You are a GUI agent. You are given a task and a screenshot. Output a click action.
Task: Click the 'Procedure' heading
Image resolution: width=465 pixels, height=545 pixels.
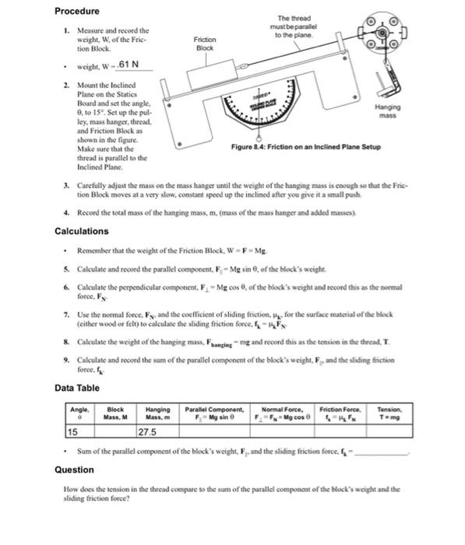pos(76,12)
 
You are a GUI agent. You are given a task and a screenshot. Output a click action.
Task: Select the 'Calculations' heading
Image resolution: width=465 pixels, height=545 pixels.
pos(82,231)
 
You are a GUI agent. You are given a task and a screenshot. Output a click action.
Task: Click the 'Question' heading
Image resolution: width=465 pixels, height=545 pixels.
pos(74,469)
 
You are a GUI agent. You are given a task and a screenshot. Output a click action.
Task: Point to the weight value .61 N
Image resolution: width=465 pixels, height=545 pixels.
pos(127,65)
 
